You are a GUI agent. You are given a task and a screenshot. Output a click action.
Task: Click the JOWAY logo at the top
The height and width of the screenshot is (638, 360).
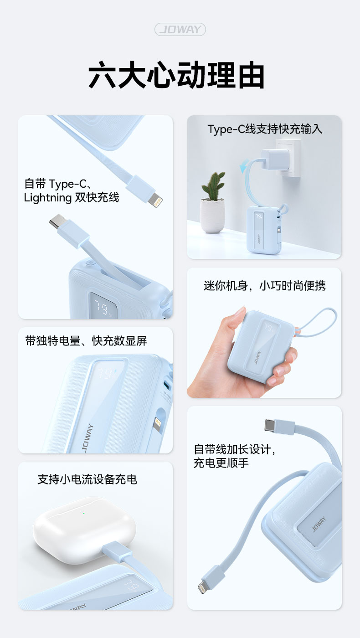(180, 29)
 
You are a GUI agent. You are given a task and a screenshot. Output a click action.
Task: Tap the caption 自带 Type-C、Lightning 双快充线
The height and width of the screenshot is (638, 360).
(71, 190)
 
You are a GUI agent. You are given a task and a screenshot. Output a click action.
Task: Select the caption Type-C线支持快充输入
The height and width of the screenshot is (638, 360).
(265, 129)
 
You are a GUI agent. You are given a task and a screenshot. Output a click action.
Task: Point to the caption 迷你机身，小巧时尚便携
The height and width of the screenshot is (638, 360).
(265, 285)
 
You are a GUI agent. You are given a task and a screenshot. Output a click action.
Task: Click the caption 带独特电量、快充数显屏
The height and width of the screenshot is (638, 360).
(86, 341)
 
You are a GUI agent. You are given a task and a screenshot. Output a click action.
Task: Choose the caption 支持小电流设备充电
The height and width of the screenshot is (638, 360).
(87, 479)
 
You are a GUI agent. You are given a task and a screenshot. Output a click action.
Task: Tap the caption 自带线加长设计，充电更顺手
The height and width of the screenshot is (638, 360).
(235, 456)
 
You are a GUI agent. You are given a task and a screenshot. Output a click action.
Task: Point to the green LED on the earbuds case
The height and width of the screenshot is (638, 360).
(83, 514)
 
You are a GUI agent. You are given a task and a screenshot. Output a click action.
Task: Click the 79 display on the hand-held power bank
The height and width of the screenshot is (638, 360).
(268, 327)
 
